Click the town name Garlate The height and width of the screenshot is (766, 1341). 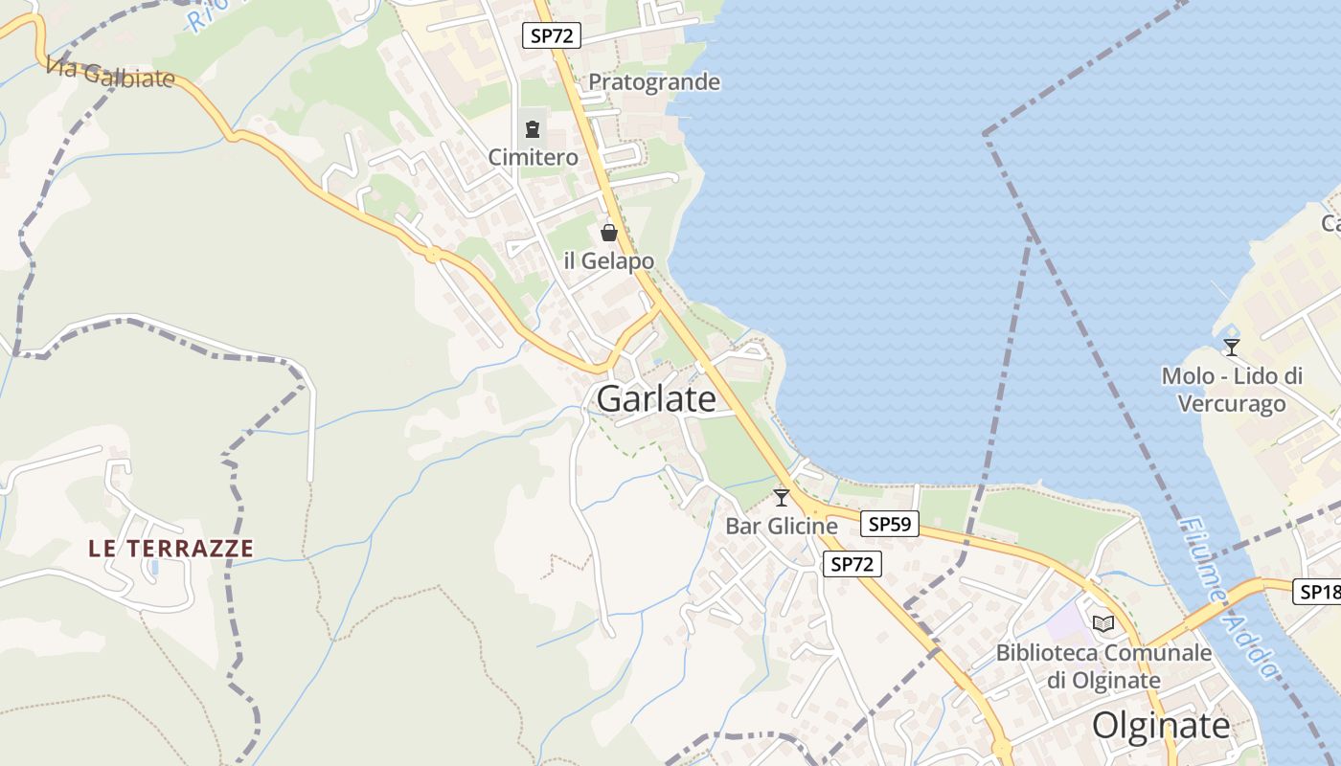(656, 399)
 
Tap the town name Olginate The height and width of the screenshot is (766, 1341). (1161, 725)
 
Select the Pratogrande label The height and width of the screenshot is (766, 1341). (654, 82)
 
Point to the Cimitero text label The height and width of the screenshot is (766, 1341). (534, 157)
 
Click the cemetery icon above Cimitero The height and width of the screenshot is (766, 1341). (533, 129)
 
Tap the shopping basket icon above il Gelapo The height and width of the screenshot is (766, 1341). (609, 233)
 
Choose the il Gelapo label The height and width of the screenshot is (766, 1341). (609, 260)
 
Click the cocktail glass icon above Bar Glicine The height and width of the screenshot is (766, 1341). (782, 498)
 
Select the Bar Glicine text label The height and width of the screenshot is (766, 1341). (782, 526)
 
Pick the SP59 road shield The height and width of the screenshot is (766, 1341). (890, 524)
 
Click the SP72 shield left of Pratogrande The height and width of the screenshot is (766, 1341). (553, 36)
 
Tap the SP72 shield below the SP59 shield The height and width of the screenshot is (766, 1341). (852, 564)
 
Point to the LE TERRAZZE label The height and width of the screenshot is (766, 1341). (171, 549)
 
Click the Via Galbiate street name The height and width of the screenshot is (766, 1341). (110, 73)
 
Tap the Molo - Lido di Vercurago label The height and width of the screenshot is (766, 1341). (1232, 390)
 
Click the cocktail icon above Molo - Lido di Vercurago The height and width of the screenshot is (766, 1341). (1232, 348)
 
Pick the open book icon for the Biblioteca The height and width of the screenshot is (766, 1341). (1103, 624)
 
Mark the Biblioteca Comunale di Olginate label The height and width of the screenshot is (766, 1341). (1103, 666)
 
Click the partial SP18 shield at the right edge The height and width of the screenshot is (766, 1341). (1319, 592)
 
